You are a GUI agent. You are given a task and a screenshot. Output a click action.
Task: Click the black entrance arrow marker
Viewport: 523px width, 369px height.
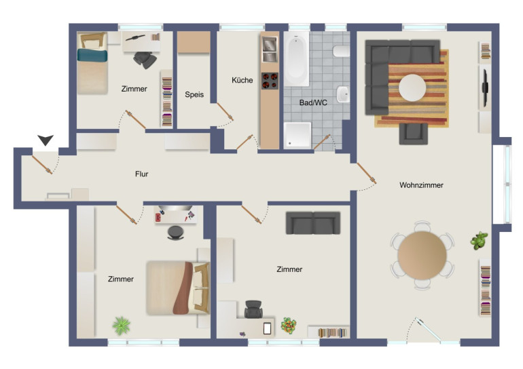pyautogui.click(x=46, y=140)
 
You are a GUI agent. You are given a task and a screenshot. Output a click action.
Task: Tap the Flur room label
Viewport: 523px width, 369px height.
pyautogui.click(x=142, y=174)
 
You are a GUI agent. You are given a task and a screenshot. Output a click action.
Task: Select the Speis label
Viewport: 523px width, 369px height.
pyautogui.click(x=194, y=94)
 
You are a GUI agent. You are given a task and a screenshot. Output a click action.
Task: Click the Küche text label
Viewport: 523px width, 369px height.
pyautogui.click(x=242, y=80)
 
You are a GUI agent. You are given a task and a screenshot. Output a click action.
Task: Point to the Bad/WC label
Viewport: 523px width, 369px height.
pyautogui.click(x=313, y=102)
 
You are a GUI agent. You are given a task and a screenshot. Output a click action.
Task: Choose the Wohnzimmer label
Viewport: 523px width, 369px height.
pyautogui.click(x=421, y=185)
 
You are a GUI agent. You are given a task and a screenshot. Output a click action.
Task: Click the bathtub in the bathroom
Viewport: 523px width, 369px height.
pyautogui.click(x=297, y=59)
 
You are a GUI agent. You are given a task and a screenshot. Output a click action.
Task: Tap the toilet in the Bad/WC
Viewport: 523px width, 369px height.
pyautogui.click(x=341, y=52)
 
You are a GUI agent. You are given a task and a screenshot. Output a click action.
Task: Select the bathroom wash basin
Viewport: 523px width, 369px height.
pyautogui.click(x=343, y=94)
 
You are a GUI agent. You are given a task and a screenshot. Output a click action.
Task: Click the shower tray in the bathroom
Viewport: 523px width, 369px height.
pyautogui.click(x=297, y=135)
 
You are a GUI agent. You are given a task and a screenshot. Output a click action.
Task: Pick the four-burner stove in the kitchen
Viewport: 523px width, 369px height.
pyautogui.click(x=270, y=81)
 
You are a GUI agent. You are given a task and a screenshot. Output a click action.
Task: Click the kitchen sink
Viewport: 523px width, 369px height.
pyautogui.click(x=270, y=50)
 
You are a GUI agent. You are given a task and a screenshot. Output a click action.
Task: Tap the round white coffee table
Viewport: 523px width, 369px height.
pyautogui.click(x=412, y=88)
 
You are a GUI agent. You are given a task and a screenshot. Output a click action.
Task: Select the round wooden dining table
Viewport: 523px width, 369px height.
pyautogui.click(x=422, y=255)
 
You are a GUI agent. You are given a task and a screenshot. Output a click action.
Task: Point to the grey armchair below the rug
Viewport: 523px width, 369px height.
pyautogui.click(x=413, y=134)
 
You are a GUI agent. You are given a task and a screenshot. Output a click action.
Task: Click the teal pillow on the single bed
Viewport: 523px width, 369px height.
pyautogui.click(x=92, y=56)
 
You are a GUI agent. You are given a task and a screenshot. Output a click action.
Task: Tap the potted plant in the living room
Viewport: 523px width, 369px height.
pyautogui.click(x=479, y=240)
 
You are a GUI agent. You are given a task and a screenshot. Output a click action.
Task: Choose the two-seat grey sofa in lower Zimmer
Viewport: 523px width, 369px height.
pyautogui.click(x=313, y=222)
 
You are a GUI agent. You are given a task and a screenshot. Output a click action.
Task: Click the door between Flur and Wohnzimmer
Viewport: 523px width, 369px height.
pyautogui.click(x=367, y=173)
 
